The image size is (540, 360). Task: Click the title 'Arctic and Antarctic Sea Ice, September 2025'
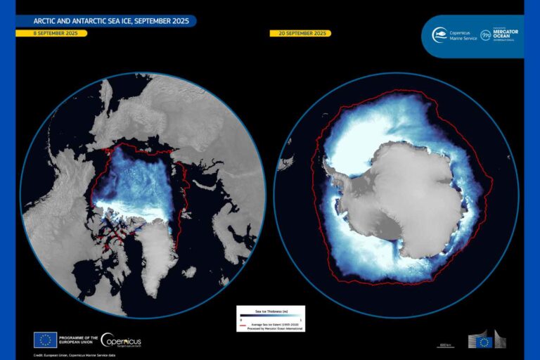[x=102, y=21]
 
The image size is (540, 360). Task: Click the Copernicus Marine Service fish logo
[x=441, y=34]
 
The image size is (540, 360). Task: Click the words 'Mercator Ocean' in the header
[x=508, y=33]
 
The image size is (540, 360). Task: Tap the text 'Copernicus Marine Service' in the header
[x=463, y=35]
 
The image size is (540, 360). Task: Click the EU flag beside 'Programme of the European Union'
[x=45, y=340]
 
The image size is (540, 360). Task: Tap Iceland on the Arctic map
[x=189, y=271]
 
